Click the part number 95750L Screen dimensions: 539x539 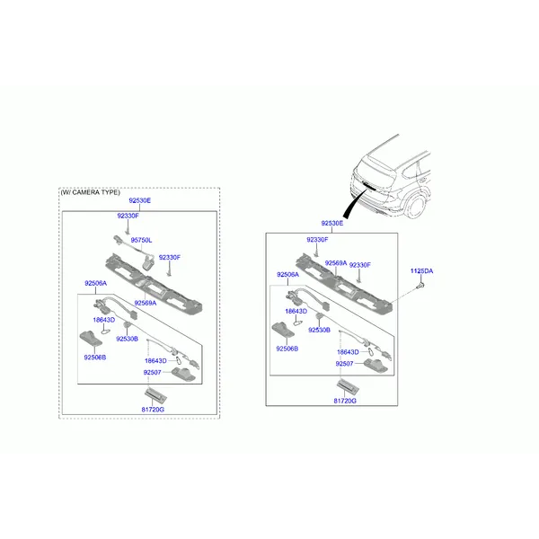141,240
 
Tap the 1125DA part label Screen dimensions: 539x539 421,271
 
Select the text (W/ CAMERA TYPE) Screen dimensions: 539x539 91,192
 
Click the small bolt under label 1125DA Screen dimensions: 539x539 420,285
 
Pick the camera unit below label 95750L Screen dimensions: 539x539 148,262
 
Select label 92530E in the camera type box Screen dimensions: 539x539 139,200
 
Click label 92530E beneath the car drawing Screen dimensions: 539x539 332,223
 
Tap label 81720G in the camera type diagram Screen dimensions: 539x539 153,410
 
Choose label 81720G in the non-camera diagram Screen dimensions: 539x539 345,401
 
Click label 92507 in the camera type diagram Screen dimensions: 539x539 152,372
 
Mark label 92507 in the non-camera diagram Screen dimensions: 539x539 344,364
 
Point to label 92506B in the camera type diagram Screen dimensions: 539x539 95,358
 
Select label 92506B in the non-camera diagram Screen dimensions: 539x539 287,349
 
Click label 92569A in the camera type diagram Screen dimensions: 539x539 145,303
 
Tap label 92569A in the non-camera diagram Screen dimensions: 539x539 336,263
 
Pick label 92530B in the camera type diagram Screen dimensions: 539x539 127,339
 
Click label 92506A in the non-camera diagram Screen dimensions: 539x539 287,274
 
